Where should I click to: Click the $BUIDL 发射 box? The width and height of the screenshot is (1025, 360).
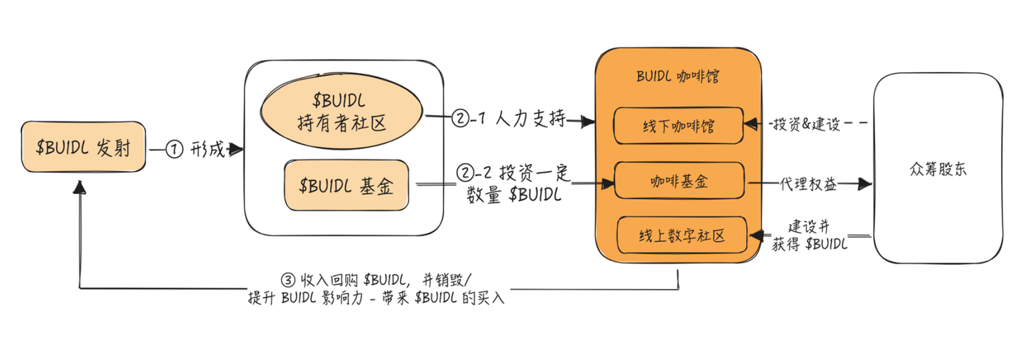[x=84, y=148]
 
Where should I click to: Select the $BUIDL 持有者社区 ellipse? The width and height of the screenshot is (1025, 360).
[x=341, y=114]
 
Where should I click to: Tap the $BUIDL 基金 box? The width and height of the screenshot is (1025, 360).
[x=346, y=186]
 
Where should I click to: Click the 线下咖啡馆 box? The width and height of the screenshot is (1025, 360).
[x=678, y=125]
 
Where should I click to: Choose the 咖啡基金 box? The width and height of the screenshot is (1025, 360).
[x=678, y=181]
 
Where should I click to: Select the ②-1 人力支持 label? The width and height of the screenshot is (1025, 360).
[x=509, y=119]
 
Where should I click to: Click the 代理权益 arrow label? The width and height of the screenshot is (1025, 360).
[x=806, y=183]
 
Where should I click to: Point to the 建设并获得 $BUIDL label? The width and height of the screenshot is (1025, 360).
[x=810, y=236]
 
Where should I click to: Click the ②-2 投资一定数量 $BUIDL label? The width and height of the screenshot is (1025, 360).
[x=512, y=182]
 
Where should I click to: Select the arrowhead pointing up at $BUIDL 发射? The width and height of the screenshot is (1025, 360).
[x=81, y=185]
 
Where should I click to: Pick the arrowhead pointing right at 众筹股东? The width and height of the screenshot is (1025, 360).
[x=864, y=183]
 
